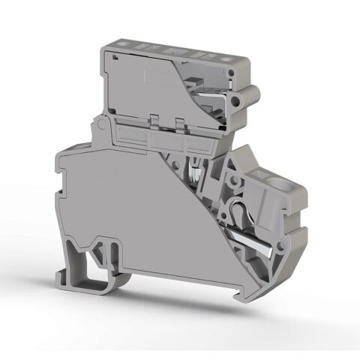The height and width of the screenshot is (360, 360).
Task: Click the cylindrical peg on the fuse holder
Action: pyautogui.click(x=247, y=96)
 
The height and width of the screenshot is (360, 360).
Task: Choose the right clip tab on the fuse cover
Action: pyautogui.click(x=180, y=122)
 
